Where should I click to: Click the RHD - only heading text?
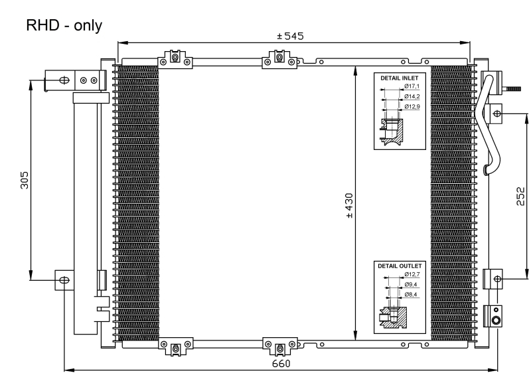click(x=64, y=26)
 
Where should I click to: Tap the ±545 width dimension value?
click(x=290, y=36)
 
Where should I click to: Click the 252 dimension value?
click(x=521, y=196)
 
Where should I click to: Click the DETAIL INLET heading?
click(x=399, y=78)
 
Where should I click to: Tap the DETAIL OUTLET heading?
click(x=399, y=265)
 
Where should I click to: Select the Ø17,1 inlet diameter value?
click(x=412, y=87)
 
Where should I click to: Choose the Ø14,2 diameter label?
click(x=412, y=96)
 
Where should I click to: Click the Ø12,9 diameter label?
click(x=412, y=106)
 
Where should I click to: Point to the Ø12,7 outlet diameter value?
click(x=412, y=275)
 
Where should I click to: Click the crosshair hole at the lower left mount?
click(x=64, y=279)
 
